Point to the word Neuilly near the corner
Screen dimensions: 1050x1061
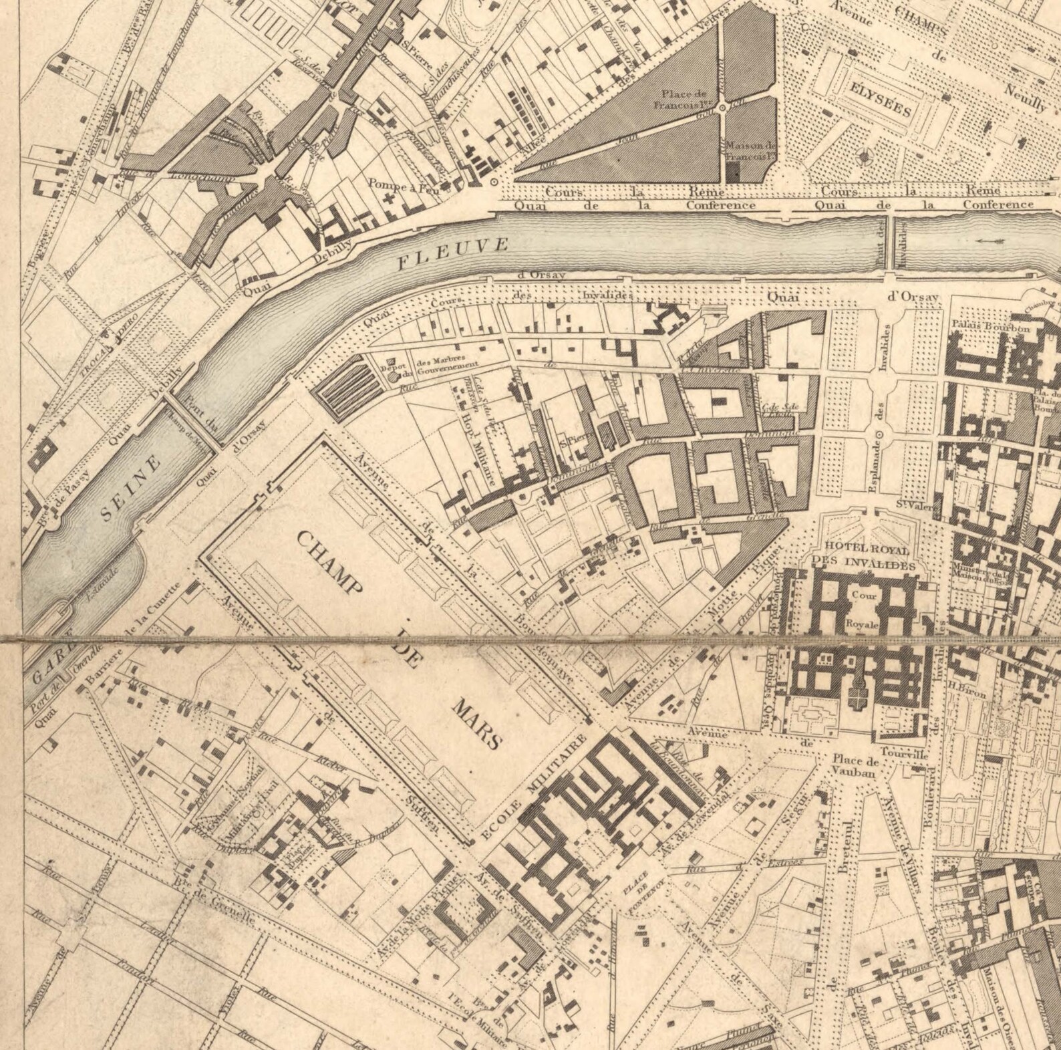tap(1030, 100)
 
